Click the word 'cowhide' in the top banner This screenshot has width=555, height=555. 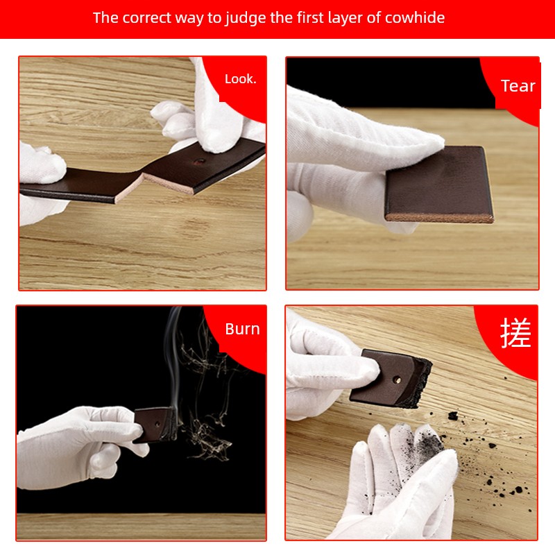pyautogui.click(x=414, y=18)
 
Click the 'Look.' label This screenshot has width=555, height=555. pyautogui.click(x=240, y=79)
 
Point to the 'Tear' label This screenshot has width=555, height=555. pyautogui.click(x=518, y=86)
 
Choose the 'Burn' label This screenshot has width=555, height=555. pyautogui.click(x=242, y=329)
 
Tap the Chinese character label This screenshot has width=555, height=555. pyautogui.click(x=515, y=333)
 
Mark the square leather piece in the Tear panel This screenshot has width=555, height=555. pyautogui.click(x=439, y=184)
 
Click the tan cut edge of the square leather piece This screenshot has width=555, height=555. pyautogui.click(x=439, y=217)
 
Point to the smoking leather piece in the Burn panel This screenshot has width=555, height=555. pyautogui.click(x=155, y=425)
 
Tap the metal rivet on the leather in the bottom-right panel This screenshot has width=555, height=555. pyautogui.click(x=398, y=379)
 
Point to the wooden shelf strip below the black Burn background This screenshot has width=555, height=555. pyautogui.click(x=142, y=527)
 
